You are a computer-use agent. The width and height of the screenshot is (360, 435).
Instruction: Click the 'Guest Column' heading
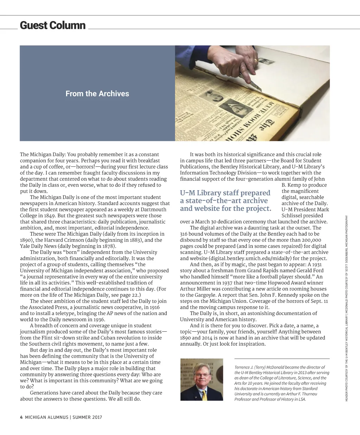(53, 25)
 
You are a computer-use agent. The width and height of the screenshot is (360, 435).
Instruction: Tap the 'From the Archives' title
(97, 94)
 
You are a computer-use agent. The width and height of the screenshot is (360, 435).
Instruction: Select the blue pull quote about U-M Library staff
(225, 201)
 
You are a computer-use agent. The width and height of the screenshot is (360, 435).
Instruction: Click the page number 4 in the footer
(21, 417)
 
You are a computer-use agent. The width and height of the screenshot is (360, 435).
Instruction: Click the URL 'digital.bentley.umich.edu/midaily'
(250, 258)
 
